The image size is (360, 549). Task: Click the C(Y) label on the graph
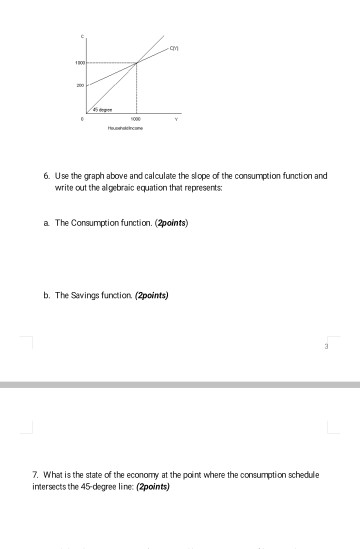173,49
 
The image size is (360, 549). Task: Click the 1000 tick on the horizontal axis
136,116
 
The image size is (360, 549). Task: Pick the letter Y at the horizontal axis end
177,116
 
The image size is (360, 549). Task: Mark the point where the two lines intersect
137,62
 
